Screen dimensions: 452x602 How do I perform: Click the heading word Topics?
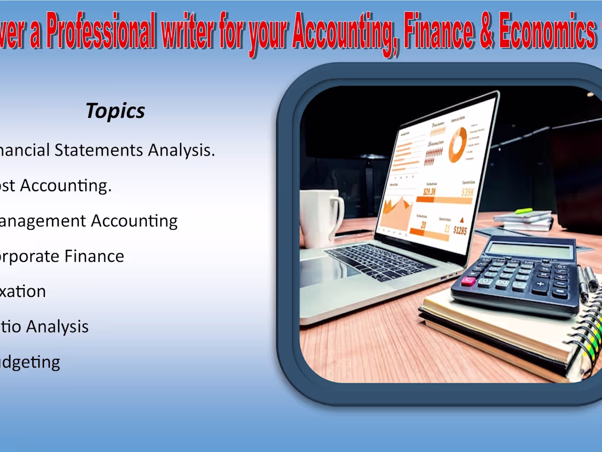[x=115, y=111]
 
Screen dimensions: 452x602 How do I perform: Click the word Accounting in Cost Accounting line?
[x=65, y=186]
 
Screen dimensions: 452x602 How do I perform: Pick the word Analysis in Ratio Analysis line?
[x=57, y=327]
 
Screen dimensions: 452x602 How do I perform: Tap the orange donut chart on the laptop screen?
[x=458, y=144]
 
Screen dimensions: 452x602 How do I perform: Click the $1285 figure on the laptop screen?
[x=460, y=231]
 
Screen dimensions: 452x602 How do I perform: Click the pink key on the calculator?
[x=468, y=281]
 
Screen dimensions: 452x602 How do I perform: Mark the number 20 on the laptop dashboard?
[x=423, y=225]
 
